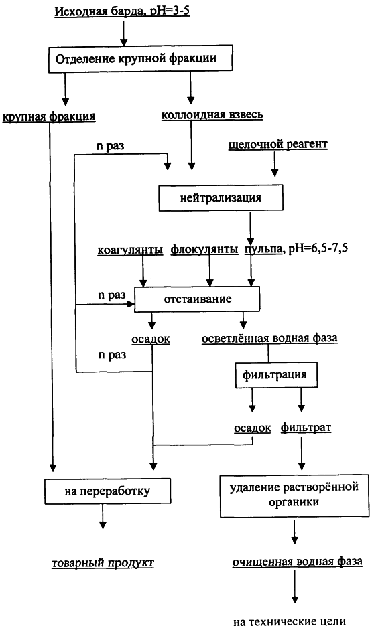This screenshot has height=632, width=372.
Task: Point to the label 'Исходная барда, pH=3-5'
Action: (x=122, y=11)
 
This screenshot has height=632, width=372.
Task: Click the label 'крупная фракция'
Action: (x=49, y=117)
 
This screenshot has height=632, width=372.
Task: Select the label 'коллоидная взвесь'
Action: (x=212, y=115)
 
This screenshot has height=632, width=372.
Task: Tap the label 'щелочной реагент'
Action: (x=278, y=145)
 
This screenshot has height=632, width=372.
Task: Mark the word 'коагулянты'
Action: (x=130, y=250)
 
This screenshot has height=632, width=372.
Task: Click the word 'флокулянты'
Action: (x=204, y=250)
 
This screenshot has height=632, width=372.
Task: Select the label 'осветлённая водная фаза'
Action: (x=269, y=339)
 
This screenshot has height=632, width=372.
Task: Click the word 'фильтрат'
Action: (x=306, y=428)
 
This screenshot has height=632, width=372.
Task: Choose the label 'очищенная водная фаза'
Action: (x=297, y=562)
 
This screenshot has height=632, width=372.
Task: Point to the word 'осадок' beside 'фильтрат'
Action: (x=253, y=428)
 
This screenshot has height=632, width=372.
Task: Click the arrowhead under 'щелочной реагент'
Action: (x=275, y=173)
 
